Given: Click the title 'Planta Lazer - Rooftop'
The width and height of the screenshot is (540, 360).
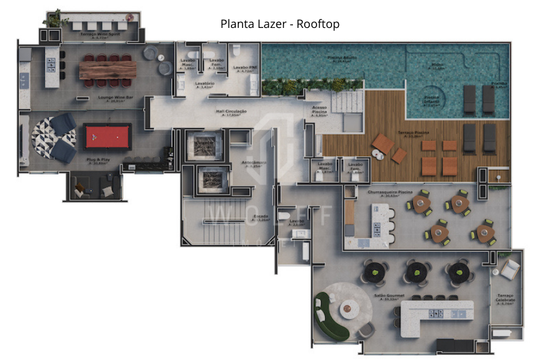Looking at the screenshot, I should pyautogui.click(x=280, y=24).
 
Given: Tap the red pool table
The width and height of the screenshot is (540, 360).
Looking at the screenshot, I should pyautogui.click(x=108, y=135).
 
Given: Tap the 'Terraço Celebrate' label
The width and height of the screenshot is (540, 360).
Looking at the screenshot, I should pyautogui.click(x=506, y=299).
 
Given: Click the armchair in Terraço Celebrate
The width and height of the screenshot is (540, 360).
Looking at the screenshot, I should pyautogui.click(x=510, y=268).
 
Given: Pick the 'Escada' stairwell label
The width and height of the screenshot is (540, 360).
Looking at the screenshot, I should pyautogui.click(x=261, y=217).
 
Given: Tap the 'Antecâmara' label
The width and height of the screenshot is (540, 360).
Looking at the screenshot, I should pyautogui.click(x=259, y=164).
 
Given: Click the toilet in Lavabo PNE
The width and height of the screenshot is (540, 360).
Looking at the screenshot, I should pyautogui.click(x=236, y=50).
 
